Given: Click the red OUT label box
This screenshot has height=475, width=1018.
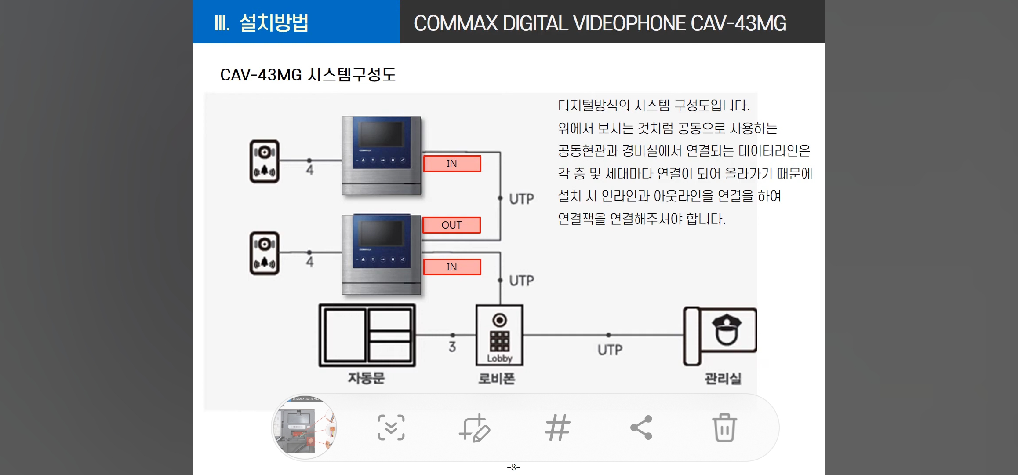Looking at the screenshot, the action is (451, 225).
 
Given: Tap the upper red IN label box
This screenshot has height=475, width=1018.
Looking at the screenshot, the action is (452, 164).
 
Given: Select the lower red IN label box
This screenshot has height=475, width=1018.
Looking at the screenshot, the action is (452, 267).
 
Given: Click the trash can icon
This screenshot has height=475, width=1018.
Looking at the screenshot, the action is (724, 427).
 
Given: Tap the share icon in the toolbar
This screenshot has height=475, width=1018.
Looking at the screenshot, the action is (641, 427).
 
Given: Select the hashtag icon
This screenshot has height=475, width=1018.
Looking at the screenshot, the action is (558, 427).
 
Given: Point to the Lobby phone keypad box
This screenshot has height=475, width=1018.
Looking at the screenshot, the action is (499, 335).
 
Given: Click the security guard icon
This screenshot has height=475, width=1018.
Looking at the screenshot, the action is (726, 330).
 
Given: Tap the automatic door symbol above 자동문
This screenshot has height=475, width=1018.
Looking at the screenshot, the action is (367, 335).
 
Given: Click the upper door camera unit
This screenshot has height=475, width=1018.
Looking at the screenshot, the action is (265, 161).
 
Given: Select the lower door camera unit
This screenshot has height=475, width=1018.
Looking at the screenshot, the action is (265, 253).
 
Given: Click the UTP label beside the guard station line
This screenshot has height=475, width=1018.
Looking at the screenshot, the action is (610, 350).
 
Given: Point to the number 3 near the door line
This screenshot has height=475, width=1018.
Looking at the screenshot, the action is (452, 347).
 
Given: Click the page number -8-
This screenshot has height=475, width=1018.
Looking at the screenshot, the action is (513, 468).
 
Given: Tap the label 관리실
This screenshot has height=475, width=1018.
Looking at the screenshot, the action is (723, 378).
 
